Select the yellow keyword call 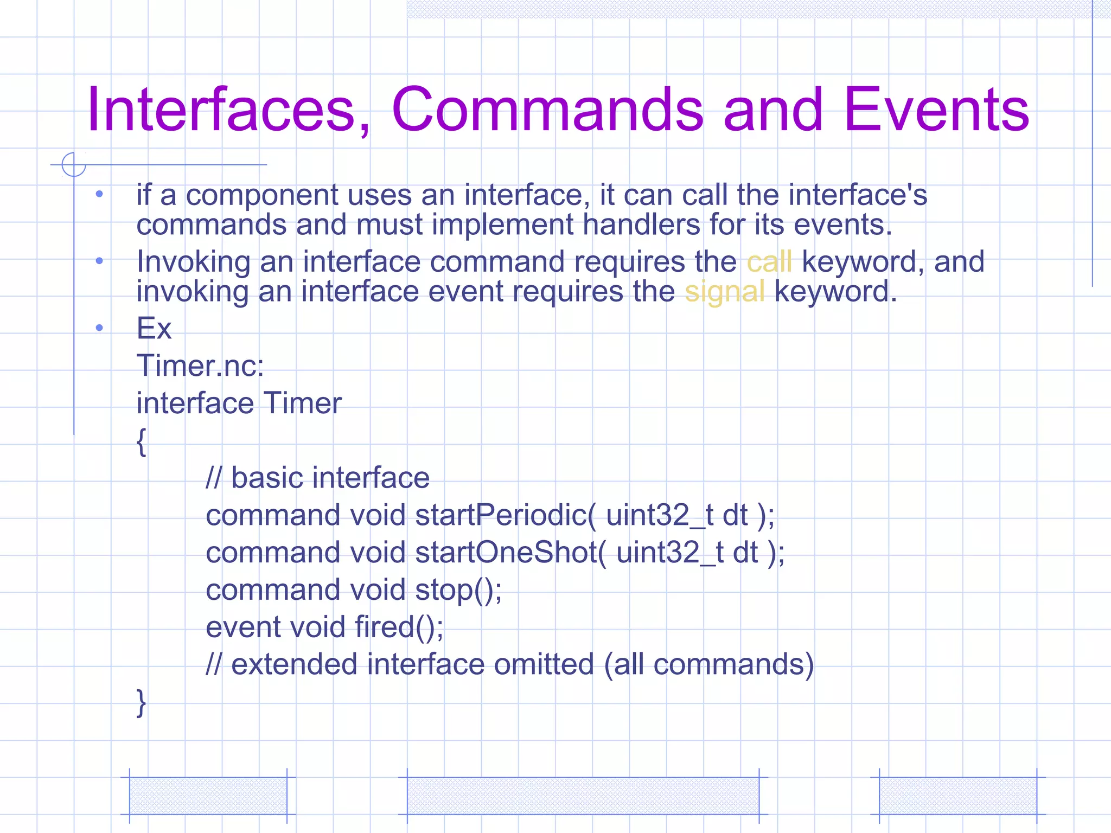(769, 262)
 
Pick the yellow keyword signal (724, 292)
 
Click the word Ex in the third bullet (154, 329)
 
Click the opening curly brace (141, 441)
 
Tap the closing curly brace (141, 703)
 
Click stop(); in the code (458, 590)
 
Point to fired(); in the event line (399, 627)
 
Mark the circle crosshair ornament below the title (74, 164)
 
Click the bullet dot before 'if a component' (99, 194)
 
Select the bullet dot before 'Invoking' (99, 261)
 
